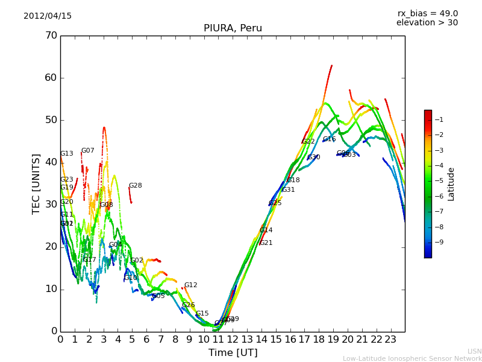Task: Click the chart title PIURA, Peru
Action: click(233, 28)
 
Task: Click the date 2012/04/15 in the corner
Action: click(48, 16)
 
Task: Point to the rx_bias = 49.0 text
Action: click(427, 13)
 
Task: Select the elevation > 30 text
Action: click(427, 23)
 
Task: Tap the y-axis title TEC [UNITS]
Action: click(36, 183)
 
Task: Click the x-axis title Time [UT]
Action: click(233, 353)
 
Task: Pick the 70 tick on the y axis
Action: click(51, 36)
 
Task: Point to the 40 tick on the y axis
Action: click(51, 162)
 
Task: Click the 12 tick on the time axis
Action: click(233, 340)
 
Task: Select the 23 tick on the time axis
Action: click(390, 340)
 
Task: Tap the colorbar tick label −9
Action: click(439, 243)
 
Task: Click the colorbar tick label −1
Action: click(439, 119)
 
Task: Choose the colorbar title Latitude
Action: click(451, 183)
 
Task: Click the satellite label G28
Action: click(136, 186)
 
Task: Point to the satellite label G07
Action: click(88, 151)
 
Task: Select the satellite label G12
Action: click(191, 285)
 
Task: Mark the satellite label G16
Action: click(330, 139)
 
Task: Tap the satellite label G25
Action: click(275, 203)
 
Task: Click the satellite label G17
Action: click(90, 260)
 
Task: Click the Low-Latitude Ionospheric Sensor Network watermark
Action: click(412, 358)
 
